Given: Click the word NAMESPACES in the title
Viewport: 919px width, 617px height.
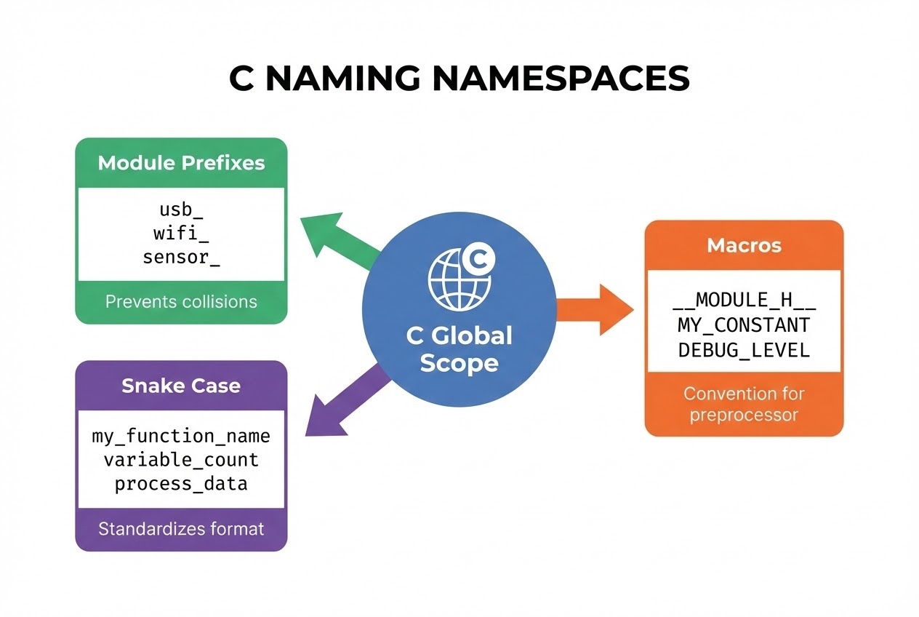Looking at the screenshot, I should (561, 79).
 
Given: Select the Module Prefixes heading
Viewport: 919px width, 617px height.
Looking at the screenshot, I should (181, 162).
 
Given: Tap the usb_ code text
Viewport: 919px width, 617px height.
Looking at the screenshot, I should (181, 210).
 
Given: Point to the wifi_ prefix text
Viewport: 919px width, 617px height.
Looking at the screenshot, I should (181, 234).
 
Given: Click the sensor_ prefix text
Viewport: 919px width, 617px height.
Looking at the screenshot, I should (181, 257).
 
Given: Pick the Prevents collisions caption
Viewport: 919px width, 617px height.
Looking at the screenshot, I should (181, 301).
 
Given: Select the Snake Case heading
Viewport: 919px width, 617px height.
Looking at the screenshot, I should (181, 386).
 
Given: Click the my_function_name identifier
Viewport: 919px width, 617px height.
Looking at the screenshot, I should (181, 437).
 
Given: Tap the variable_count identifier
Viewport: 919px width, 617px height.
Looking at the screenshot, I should (181, 460).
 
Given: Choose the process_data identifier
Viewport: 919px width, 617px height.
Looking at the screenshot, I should (181, 483).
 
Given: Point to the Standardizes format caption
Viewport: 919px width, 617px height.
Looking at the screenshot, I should (181, 528).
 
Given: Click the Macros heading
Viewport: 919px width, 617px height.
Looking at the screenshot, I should (744, 245).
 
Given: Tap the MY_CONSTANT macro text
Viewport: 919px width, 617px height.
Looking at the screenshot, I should (744, 325).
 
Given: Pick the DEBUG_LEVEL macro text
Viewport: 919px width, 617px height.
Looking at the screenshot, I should (744, 349).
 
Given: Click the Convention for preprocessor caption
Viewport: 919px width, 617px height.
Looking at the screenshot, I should (744, 405).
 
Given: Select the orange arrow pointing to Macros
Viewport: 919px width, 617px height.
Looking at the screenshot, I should (596, 310).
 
